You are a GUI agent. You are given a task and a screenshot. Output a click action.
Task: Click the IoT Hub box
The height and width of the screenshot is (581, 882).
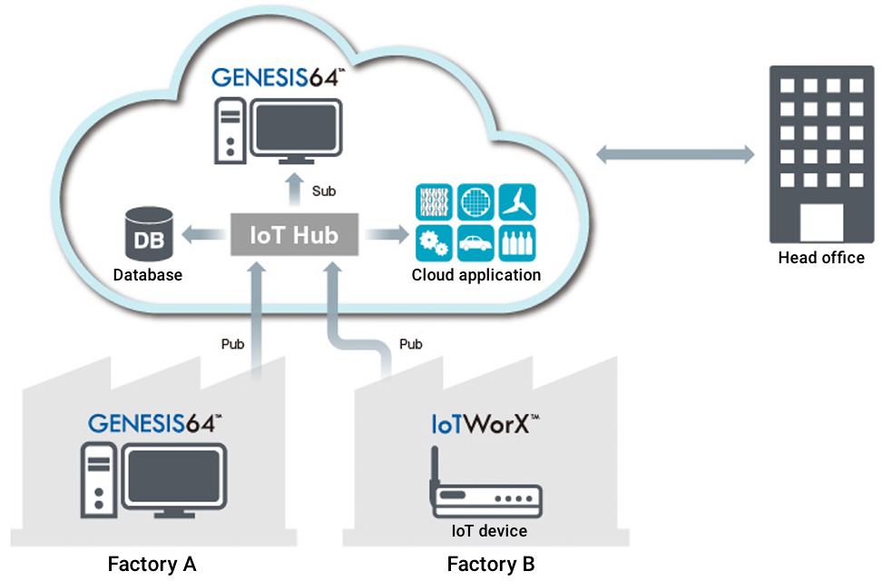(294, 236)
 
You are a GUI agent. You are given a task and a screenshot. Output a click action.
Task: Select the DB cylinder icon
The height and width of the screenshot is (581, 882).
(147, 235)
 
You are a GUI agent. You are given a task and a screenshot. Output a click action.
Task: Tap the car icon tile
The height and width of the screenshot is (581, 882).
(476, 243)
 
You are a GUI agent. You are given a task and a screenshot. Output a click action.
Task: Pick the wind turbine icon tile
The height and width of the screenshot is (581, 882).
(518, 202)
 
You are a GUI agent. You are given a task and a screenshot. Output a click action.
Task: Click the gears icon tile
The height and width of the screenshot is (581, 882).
(434, 243)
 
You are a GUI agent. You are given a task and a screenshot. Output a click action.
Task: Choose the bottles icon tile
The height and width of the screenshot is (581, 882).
(518, 243)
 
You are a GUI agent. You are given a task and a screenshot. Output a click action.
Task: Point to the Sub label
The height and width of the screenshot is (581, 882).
(324, 192)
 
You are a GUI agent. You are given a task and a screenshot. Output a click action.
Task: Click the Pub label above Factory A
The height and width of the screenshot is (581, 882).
(232, 344)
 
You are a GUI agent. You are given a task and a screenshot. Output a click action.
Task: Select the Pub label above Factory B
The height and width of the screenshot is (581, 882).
(411, 344)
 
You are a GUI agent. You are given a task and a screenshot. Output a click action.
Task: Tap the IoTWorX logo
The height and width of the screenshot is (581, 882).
(486, 424)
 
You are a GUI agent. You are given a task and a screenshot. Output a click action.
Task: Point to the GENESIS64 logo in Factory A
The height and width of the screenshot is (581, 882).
(155, 423)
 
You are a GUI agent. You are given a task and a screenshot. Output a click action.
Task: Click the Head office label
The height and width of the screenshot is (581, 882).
(821, 258)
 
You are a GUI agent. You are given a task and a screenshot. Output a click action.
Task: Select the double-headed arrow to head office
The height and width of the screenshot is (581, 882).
(675, 155)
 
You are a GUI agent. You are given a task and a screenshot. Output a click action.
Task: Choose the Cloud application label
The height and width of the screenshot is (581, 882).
(476, 275)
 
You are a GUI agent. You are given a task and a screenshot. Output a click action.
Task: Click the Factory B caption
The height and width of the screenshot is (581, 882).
(491, 565)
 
